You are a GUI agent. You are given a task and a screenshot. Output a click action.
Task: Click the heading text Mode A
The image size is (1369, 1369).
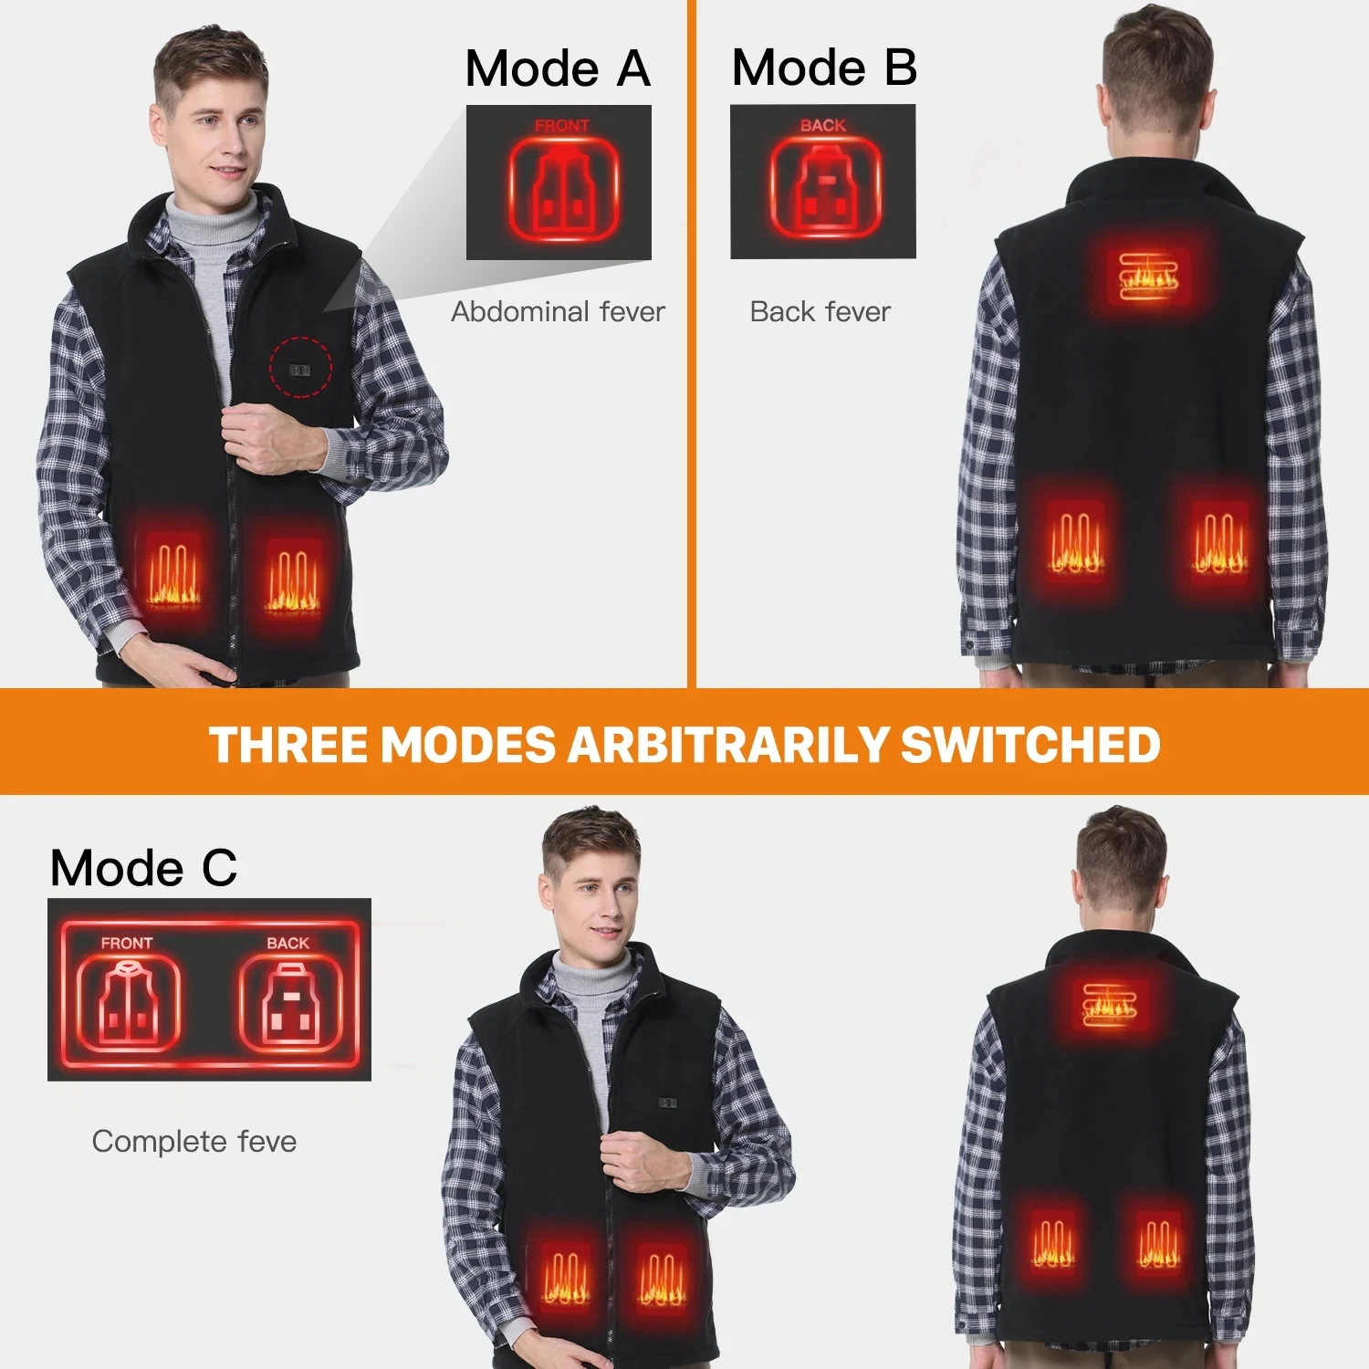tap(558, 69)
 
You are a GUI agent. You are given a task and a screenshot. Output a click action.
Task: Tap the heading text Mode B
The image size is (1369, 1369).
tap(824, 68)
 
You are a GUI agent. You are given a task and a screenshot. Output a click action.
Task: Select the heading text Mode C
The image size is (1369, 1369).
tap(143, 868)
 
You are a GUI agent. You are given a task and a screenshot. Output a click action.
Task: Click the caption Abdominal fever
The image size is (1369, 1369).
tap(558, 312)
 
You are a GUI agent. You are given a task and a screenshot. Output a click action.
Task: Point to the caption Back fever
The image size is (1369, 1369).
tap(820, 312)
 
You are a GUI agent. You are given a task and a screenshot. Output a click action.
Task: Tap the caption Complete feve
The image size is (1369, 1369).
tap(194, 1142)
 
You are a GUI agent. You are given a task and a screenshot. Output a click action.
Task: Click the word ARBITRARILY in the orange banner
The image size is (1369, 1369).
tap(727, 745)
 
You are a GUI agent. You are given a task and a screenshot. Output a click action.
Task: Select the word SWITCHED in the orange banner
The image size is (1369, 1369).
tap(1030, 745)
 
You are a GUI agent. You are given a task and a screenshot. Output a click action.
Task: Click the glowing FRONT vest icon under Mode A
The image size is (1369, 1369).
tap(563, 190)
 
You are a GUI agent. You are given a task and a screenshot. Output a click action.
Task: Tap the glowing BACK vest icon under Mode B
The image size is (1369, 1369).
tap(825, 189)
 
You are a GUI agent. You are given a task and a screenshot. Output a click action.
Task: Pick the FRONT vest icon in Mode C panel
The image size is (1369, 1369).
tap(128, 1002)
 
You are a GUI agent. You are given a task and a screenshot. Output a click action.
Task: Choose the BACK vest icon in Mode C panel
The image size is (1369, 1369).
tap(290, 1002)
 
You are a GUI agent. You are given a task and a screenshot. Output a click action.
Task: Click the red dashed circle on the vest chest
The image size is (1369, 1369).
tap(300, 367)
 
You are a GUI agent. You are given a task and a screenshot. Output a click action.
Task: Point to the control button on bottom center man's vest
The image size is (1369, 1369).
tap(667, 1103)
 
